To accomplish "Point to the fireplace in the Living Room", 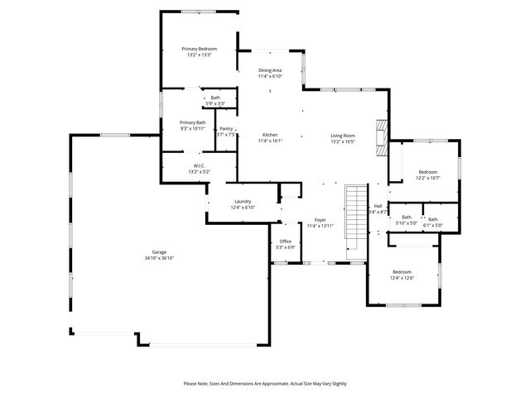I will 382,137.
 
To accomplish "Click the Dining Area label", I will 270,70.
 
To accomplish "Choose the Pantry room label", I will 226,128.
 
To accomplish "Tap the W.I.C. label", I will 199,166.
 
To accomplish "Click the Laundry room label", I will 243,201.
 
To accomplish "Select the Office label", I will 285,241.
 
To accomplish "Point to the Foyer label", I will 320,220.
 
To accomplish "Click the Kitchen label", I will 270,135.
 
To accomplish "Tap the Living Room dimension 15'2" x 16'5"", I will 343,141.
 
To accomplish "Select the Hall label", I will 378,206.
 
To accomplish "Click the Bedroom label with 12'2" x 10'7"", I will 427,171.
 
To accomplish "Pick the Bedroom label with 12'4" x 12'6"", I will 402,272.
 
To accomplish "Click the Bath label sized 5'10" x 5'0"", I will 407,218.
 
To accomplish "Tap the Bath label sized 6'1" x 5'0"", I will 433,219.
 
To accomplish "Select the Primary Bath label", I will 193,122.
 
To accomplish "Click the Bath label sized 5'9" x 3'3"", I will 215,98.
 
